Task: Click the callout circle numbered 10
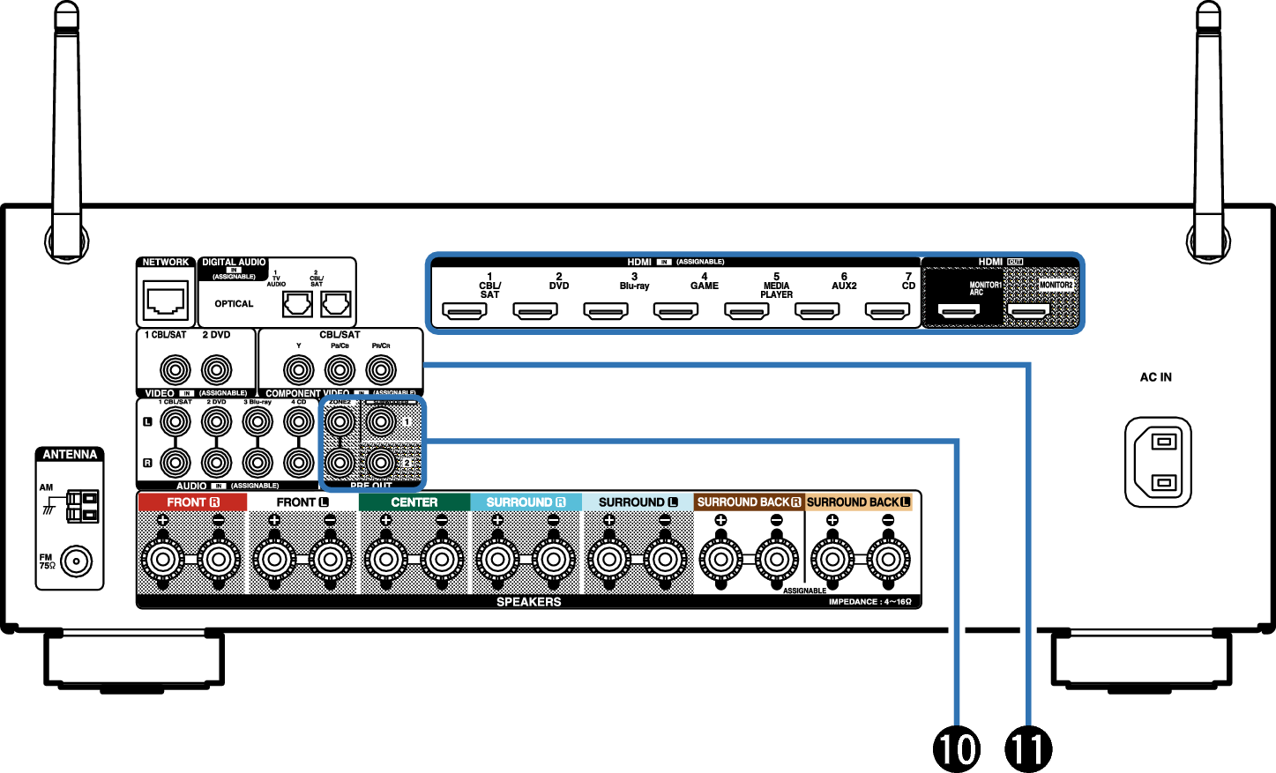[957, 748]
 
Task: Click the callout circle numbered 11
[1028, 748]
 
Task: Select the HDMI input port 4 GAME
[675, 311]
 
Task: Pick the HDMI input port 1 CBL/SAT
[465, 311]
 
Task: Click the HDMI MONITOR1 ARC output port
[959, 311]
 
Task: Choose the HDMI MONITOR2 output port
[1029, 311]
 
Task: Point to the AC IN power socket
[1158, 462]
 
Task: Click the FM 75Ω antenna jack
[76, 561]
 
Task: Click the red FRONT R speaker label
[193, 502]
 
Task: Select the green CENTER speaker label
[414, 502]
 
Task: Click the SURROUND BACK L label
[858, 502]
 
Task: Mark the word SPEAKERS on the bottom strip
[528, 602]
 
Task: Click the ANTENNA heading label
[70, 455]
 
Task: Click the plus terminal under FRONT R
[163, 558]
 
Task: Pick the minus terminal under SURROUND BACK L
[888, 558]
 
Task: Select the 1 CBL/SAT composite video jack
[175, 370]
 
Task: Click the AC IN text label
[1156, 377]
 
